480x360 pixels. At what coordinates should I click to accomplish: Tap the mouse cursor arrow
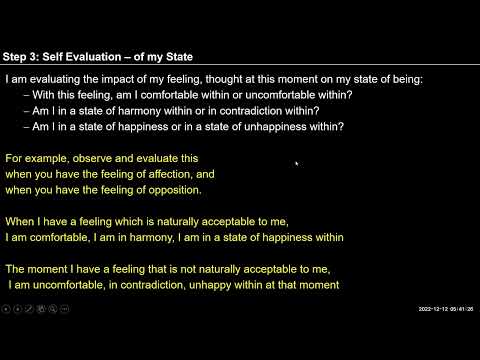click(297, 163)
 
